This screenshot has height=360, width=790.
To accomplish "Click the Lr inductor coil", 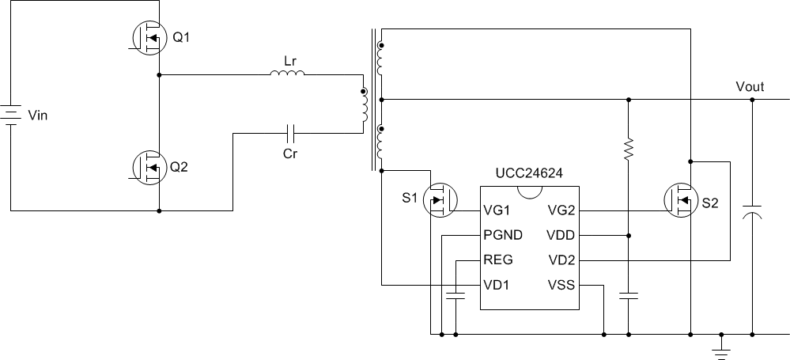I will [287, 75].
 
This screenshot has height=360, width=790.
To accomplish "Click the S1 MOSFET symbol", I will [441, 200].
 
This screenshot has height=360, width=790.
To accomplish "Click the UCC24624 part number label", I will [529, 173].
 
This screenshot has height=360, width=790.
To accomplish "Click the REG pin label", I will [498, 260].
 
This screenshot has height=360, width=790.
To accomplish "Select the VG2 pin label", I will [560, 211].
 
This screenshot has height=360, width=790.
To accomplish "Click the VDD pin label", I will [560, 236].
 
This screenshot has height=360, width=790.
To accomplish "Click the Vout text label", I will [750, 87].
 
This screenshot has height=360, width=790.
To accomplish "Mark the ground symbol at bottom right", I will [720, 347].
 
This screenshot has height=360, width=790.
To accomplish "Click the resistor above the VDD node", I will [629, 150].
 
